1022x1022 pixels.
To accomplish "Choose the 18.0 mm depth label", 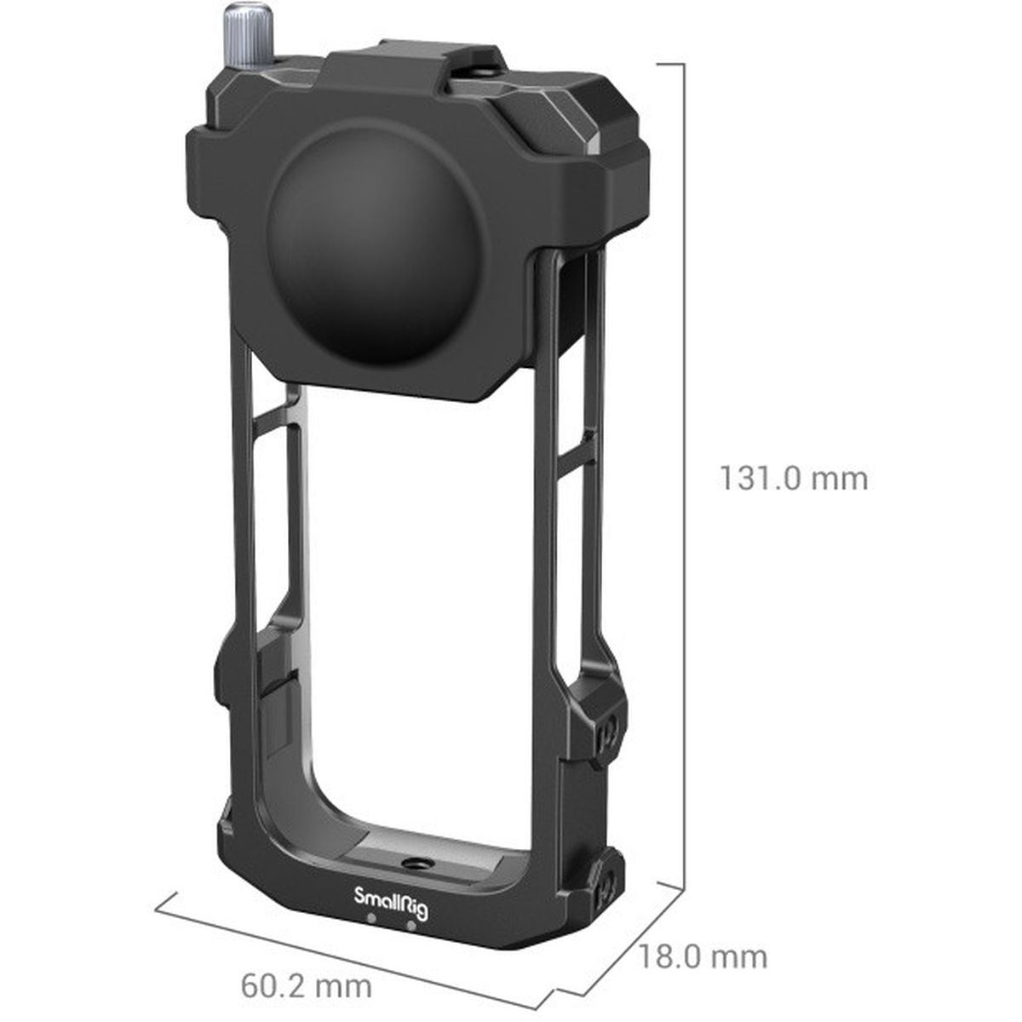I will (x=703, y=956).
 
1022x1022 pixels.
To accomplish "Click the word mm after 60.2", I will (x=342, y=986).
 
